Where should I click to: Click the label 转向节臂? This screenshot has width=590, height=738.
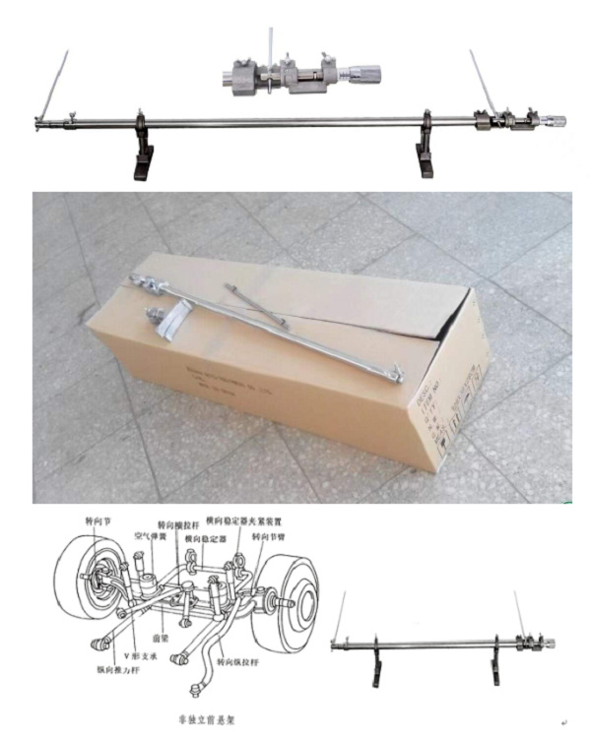point(272,537)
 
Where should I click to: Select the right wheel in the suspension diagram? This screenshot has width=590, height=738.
point(295,600)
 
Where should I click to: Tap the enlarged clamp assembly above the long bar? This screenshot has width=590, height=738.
point(305,75)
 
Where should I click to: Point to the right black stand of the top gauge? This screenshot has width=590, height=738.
point(426,154)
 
